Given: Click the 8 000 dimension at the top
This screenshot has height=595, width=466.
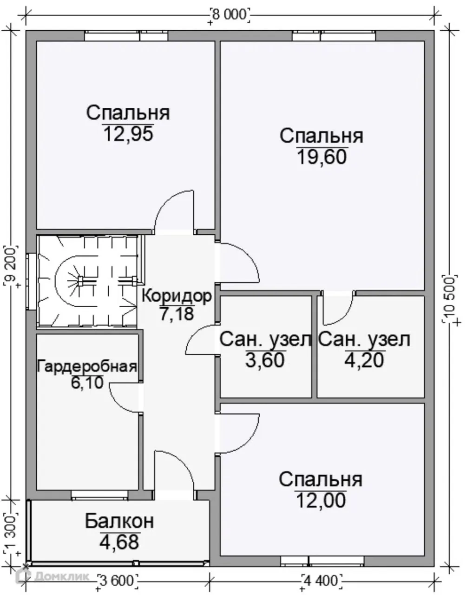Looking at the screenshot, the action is [230, 14].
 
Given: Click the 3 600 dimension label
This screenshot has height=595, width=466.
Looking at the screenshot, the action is [118, 580].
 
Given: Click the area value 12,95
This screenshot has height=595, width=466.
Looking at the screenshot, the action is [128, 134].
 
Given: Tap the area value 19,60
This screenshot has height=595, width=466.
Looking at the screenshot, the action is [322, 157].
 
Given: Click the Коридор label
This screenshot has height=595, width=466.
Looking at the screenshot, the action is [177, 296].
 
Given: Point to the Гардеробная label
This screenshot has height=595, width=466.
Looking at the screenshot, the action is [87, 366].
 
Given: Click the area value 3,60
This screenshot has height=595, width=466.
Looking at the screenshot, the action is [265, 360].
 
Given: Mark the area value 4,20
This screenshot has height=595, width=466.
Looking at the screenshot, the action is [364, 360].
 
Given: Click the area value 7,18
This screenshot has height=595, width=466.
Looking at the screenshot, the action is [177, 314].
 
